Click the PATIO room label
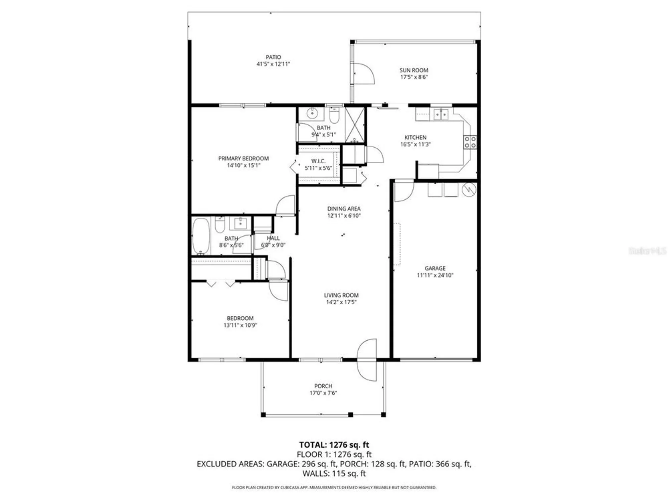273,57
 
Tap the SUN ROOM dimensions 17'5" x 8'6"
414,77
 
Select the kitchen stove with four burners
470,142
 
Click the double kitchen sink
441,115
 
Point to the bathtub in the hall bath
201,236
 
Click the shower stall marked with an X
355,125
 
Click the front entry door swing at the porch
367,360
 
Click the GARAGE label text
435,268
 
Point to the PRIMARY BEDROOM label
243,158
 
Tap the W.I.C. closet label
318,161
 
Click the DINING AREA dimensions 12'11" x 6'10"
344,216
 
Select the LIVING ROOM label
341,295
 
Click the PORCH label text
323,386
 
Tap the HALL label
273,238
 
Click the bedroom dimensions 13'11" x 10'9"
240,325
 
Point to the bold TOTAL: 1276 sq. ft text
334,445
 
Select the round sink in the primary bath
312,114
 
